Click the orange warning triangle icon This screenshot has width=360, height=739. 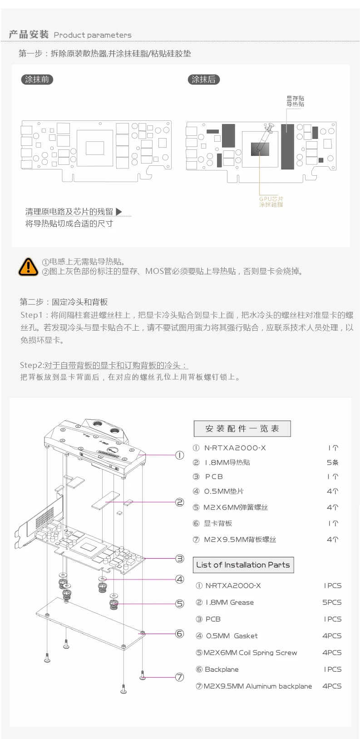(x=28, y=267)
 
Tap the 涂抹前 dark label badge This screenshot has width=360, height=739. (x=37, y=79)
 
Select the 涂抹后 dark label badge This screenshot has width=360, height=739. (x=204, y=79)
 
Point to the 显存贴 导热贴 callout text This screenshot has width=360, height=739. (x=295, y=101)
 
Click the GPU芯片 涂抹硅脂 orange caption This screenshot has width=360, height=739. (x=271, y=202)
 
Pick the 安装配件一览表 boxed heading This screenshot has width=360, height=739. (x=242, y=428)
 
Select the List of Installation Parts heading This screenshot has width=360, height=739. (x=243, y=565)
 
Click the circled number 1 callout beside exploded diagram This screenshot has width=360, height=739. (x=180, y=455)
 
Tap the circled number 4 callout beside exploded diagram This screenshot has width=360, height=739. (x=180, y=579)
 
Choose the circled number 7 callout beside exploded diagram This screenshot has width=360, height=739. (x=180, y=677)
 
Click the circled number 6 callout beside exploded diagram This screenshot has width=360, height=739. (x=180, y=634)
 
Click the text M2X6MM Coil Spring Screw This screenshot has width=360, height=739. (x=250, y=653)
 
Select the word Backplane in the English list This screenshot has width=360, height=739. (x=222, y=669)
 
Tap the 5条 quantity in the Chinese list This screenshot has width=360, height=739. (x=333, y=462)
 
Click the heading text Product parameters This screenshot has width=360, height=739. (x=93, y=35)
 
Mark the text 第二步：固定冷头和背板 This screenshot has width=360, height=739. (x=64, y=302)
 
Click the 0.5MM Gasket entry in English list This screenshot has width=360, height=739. (x=232, y=636)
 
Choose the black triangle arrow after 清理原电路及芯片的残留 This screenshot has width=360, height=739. (x=119, y=211)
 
